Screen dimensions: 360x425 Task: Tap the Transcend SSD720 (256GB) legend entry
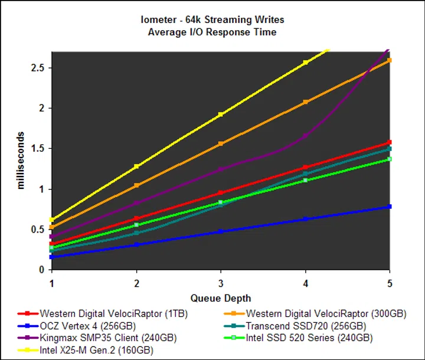tap(306, 326)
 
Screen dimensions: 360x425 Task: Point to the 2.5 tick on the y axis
tap(38, 68)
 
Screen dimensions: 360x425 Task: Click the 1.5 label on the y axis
tap(38, 149)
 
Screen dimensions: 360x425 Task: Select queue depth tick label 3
tap(220, 282)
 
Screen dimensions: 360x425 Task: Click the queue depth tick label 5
tap(389, 282)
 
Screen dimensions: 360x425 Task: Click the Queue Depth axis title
tap(220, 298)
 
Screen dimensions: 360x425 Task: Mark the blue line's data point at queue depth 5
tap(389, 207)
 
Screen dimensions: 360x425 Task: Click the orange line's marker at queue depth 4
tap(305, 102)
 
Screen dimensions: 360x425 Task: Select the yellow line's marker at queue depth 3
tap(221, 114)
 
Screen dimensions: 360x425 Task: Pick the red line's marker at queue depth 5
tap(389, 142)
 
